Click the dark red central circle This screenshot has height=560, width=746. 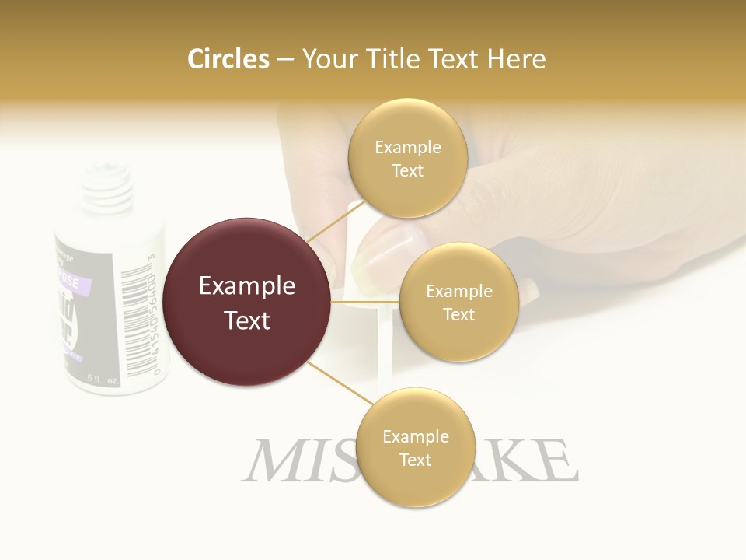tap(247, 302)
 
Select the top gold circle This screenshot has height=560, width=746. tap(407, 159)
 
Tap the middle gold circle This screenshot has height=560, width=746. tap(458, 302)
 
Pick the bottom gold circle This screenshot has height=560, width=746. tap(415, 448)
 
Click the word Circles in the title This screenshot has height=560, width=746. tap(228, 59)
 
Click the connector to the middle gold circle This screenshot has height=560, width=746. tap(365, 301)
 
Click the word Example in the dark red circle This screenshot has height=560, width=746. tap(247, 286)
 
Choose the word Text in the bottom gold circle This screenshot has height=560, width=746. tap(415, 460)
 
